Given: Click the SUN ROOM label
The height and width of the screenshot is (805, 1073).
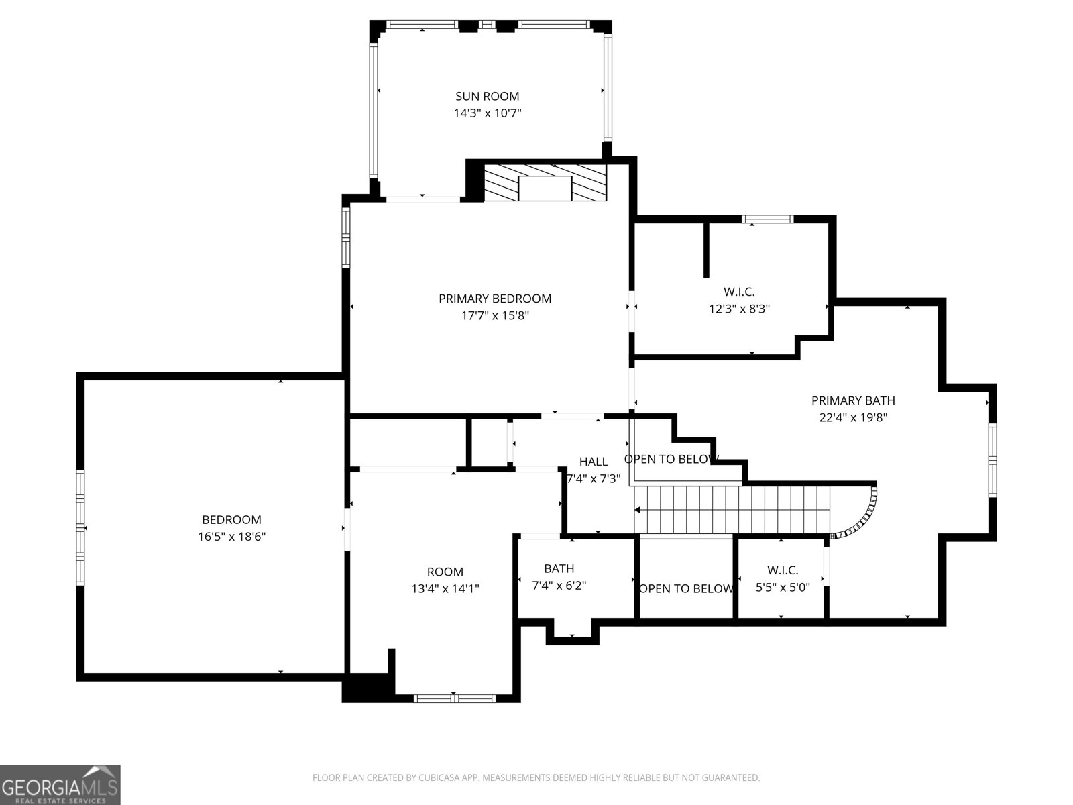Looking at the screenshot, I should tap(487, 96).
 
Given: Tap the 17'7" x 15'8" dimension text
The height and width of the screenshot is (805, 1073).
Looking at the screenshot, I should tap(495, 315).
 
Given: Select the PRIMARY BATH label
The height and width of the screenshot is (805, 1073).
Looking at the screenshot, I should tap(853, 400).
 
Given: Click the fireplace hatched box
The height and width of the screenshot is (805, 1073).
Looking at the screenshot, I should tap(545, 182).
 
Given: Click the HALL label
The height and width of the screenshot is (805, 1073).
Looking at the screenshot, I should tap(594, 462).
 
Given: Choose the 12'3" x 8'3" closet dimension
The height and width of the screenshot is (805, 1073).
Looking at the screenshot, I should tap(739, 309).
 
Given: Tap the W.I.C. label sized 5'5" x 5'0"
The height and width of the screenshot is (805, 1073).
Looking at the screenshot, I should tap(783, 570).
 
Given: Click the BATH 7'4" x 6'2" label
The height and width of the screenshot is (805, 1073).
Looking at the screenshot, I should tap(559, 569).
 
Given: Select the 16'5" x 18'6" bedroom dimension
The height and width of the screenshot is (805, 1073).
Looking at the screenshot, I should tap(232, 537).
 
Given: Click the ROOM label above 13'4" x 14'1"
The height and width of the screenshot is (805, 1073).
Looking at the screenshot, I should tap(445, 572).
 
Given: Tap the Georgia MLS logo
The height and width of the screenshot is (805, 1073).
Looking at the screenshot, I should tap(60, 784).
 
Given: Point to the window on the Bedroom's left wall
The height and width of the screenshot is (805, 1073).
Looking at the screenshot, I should tap(80, 526).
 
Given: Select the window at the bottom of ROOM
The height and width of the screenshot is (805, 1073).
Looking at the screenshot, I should tap(454, 698).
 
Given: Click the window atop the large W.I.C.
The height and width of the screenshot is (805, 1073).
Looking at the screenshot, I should tap(768, 219).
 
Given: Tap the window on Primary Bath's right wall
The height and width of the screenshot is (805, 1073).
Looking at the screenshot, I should tap(992, 460).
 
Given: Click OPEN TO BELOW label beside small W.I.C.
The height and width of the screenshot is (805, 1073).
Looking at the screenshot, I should tap(686, 589).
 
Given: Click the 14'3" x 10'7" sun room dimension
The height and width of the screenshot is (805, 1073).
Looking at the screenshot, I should tap(487, 113).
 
